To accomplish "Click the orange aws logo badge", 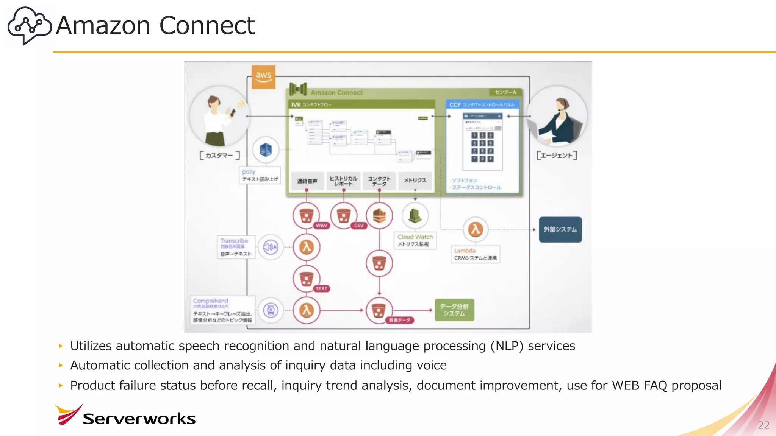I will (263, 77).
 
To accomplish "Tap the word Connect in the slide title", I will (207, 26).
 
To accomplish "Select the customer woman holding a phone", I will (219, 120).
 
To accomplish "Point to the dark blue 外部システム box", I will (560, 229).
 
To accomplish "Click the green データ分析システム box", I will (454, 310).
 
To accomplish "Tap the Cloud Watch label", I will (415, 237).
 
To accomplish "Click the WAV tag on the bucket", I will (321, 226).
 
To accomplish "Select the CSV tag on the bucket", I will (358, 226).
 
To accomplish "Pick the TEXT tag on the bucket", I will (321, 289).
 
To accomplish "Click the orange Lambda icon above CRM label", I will (475, 229).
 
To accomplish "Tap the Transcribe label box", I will (236, 247).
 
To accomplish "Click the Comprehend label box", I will (222, 310).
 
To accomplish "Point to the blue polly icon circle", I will (266, 150).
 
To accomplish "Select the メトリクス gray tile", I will (415, 181).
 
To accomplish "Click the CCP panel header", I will (482, 104).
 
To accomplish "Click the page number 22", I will (763, 425).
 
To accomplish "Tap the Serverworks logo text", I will (139, 419).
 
